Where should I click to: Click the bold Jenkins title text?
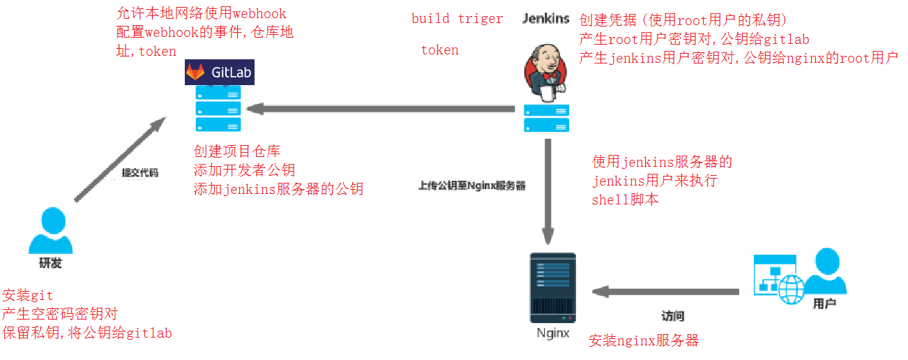546,19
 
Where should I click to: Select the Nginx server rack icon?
553,288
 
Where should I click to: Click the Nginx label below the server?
553,333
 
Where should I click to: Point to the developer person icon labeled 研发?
50,231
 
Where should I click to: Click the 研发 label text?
50,264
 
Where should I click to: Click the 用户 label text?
824,304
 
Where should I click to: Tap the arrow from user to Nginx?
663,290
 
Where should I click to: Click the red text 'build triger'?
457,19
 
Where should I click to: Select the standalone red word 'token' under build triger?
439,50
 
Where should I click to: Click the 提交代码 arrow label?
140,172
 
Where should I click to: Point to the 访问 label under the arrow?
672,315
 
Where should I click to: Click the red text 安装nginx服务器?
643,340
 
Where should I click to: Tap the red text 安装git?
28,296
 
